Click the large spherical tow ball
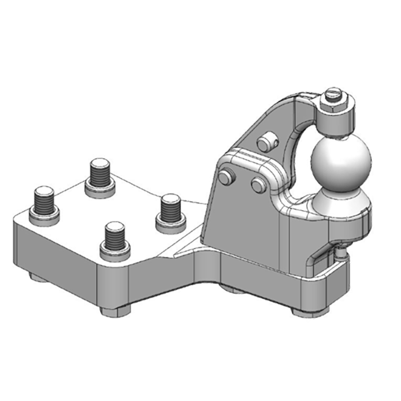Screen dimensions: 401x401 [x=341, y=160]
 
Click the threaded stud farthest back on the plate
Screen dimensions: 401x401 [x=100, y=173]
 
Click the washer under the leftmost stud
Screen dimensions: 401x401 [x=44, y=217]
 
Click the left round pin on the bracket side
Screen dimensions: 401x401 [x=227, y=177]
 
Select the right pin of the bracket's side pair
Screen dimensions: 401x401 [x=259, y=186]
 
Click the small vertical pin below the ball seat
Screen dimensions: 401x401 [x=342, y=253]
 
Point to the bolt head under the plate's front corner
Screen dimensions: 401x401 [x=115, y=311]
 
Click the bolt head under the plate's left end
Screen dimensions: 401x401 [x=38, y=277]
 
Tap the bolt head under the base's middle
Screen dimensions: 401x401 [x=232, y=289]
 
